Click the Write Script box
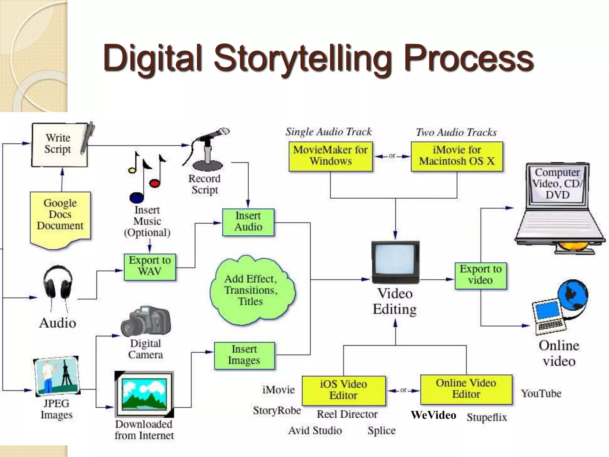coord(59,145)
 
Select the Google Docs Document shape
coord(60,216)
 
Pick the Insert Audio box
coord(248,222)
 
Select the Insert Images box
coord(244,356)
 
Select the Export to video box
coord(481,276)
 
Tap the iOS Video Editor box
coord(343,390)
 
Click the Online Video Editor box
coord(466,389)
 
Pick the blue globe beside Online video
coord(573,295)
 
